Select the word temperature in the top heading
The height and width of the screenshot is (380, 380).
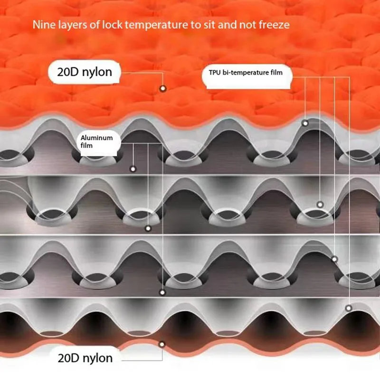[x=153, y=24]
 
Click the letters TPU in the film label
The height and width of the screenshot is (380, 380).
[x=216, y=73]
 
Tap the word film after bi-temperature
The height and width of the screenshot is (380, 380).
[x=282, y=73]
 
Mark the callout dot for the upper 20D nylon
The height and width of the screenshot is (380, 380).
[x=163, y=88]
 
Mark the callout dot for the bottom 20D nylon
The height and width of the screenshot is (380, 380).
[x=162, y=343]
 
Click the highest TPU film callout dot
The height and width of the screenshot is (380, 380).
[x=305, y=123]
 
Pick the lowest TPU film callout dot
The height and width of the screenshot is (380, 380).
[x=349, y=308]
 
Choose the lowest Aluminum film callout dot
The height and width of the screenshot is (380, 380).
[x=163, y=293]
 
